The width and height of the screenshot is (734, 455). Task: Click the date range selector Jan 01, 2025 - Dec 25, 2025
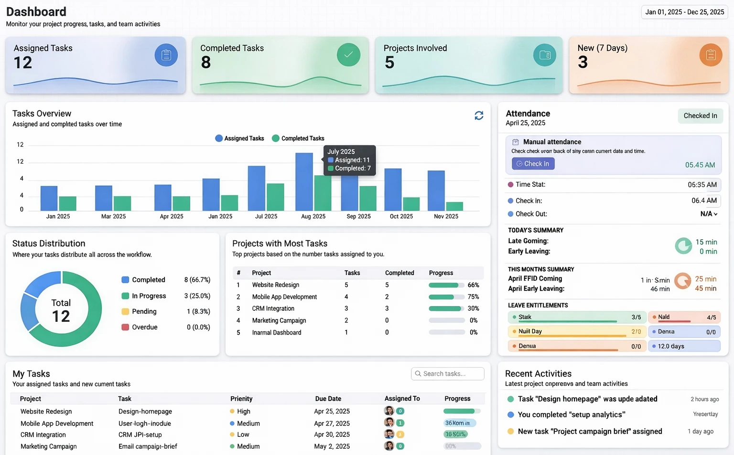(684, 12)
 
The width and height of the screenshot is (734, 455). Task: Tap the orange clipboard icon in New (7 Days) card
(711, 55)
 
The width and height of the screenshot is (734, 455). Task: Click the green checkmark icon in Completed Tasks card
(348, 54)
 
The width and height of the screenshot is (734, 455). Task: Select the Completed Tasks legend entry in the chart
(298, 138)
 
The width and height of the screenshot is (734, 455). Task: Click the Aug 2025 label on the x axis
(313, 216)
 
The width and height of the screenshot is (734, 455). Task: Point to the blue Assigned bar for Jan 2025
(49, 198)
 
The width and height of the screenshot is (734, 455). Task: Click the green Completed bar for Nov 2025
(454, 206)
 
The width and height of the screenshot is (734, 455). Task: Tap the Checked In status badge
(700, 116)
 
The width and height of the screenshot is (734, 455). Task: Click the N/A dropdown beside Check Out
(709, 214)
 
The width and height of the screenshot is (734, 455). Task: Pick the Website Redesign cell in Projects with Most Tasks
(276, 285)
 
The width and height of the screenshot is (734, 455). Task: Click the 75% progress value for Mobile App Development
(473, 297)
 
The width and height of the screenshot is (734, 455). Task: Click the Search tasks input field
(447, 374)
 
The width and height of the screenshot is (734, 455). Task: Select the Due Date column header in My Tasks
(328, 399)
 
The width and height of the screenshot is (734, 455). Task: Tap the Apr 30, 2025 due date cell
(332, 434)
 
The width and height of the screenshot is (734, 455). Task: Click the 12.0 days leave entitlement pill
(684, 346)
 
